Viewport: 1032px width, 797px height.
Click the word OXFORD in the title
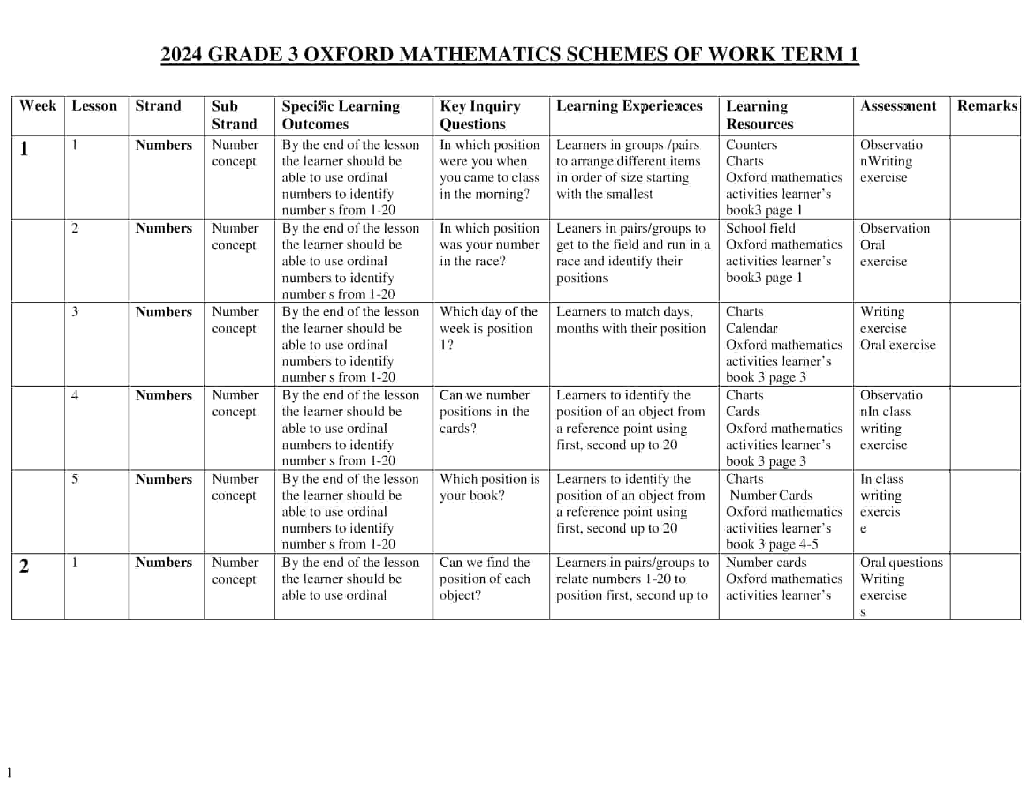point(348,54)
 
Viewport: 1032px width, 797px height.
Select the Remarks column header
point(986,106)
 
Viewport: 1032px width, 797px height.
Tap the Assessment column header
point(898,106)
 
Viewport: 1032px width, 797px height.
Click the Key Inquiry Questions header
point(479,115)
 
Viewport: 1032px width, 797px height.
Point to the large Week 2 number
point(23,566)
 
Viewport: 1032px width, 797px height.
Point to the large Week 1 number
point(23,149)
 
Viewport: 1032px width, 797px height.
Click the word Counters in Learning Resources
point(751,144)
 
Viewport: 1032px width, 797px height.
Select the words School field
point(760,228)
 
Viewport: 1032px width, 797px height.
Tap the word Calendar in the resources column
point(751,328)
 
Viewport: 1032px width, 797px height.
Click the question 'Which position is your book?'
point(489,487)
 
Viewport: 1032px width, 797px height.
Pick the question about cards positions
point(485,411)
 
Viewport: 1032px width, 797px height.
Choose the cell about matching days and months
point(630,320)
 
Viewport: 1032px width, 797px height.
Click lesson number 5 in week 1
point(75,479)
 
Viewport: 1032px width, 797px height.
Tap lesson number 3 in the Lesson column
point(75,312)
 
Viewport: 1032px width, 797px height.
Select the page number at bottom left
point(9,773)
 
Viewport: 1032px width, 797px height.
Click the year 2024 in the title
point(181,54)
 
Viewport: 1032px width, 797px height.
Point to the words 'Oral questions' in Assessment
point(901,562)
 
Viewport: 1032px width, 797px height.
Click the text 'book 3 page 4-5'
point(772,544)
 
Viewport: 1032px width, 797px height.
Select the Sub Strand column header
point(234,115)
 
